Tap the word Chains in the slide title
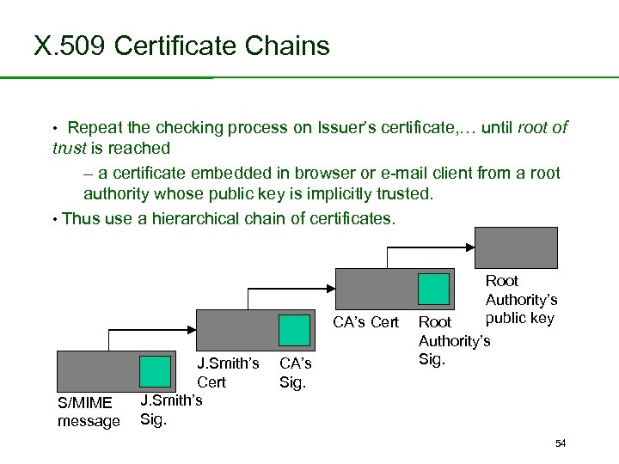(x=287, y=45)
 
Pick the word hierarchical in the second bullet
(x=196, y=218)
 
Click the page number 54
(x=561, y=443)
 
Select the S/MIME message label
(x=89, y=412)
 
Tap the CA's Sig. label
(x=296, y=373)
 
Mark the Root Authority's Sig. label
(x=453, y=340)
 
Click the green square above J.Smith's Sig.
(x=156, y=371)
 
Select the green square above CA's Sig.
(x=295, y=330)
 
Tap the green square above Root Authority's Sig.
(x=433, y=289)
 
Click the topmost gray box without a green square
(x=518, y=248)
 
